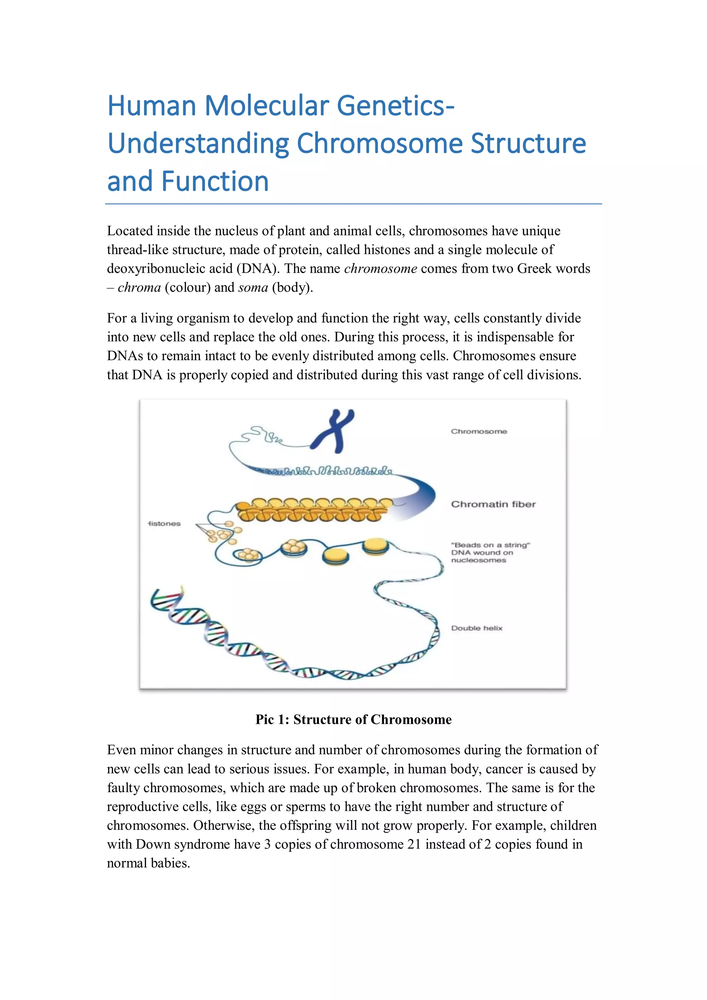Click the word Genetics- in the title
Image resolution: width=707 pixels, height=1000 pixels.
[x=396, y=106]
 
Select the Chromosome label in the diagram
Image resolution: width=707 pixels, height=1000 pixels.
[x=479, y=431]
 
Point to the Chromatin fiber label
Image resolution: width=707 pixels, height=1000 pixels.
[x=493, y=504]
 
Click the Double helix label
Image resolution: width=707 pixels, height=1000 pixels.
[x=476, y=628]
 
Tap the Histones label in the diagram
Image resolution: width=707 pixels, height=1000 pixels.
[x=164, y=524]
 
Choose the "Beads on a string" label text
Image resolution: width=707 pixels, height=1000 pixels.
[x=491, y=545]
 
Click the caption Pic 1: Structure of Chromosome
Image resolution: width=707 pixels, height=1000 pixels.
[x=353, y=719]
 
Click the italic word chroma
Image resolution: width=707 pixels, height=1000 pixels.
[x=139, y=288]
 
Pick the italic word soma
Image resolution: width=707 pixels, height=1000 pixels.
[x=253, y=288]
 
